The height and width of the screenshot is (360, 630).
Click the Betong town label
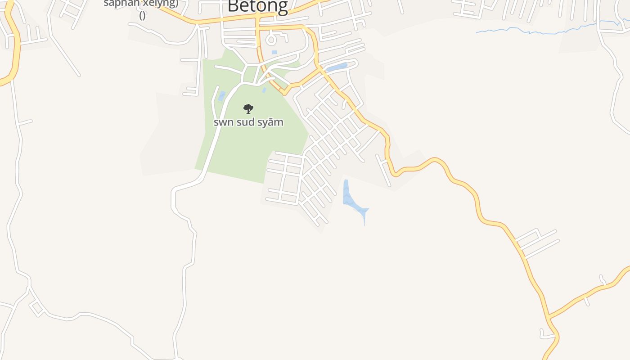257,6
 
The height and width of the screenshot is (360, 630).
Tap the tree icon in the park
248,108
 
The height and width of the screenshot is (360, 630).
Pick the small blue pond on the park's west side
221,96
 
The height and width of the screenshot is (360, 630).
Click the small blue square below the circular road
274,53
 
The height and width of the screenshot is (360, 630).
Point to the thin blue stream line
540,31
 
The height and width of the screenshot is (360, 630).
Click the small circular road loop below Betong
271,40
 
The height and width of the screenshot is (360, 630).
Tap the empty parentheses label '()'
142,16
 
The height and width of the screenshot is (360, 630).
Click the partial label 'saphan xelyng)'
141,4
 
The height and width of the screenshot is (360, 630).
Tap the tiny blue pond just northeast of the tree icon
264,90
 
